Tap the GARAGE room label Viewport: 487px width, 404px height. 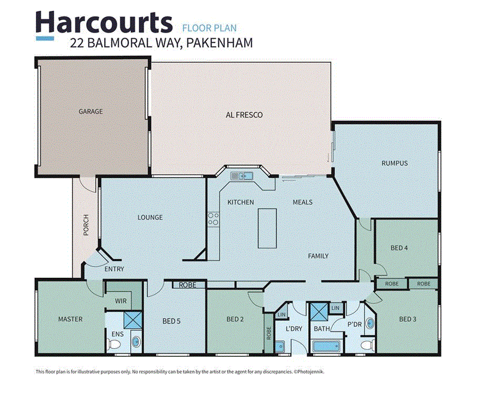tap(91, 112)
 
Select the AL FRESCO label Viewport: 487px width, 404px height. tap(244, 115)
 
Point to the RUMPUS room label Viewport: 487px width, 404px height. tap(394, 163)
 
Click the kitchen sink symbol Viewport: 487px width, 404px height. tap(240, 175)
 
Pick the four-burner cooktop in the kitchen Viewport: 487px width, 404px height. tap(213, 219)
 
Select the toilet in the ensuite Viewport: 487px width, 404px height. tap(136, 342)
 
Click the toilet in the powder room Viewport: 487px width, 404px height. tap(366, 345)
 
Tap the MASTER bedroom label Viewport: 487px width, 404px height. tap(71, 319)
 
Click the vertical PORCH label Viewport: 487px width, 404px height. tap(86, 225)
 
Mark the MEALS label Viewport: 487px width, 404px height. tap(303, 202)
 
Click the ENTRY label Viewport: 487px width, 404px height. tap(114, 269)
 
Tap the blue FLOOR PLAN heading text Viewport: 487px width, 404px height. tap(209, 28)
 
